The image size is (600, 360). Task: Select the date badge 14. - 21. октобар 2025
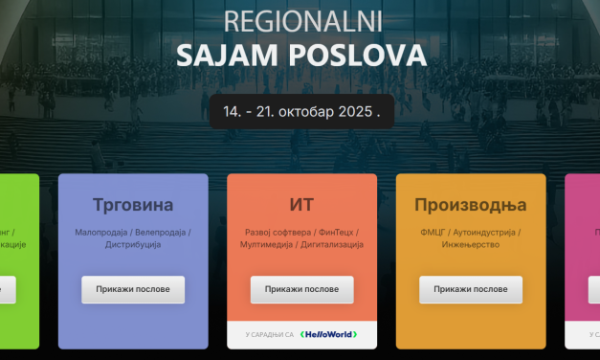pyautogui.click(x=301, y=111)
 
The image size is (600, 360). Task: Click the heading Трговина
pyautogui.click(x=133, y=205)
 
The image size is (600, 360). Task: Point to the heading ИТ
pyautogui.click(x=301, y=205)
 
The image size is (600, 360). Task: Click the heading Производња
pyautogui.click(x=470, y=205)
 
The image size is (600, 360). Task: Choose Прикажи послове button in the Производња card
pyautogui.click(x=470, y=289)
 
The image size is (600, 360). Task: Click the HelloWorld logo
pyautogui.click(x=329, y=334)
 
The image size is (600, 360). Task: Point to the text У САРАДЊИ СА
pyautogui.click(x=268, y=334)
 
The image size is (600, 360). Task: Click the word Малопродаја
pyautogui.click(x=101, y=232)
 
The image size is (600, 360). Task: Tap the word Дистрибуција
pyautogui.click(x=133, y=245)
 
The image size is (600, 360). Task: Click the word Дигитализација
pyautogui.click(x=332, y=245)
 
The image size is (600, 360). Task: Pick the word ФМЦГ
pyautogui.click(x=432, y=232)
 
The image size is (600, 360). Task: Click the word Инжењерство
pyautogui.click(x=470, y=245)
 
